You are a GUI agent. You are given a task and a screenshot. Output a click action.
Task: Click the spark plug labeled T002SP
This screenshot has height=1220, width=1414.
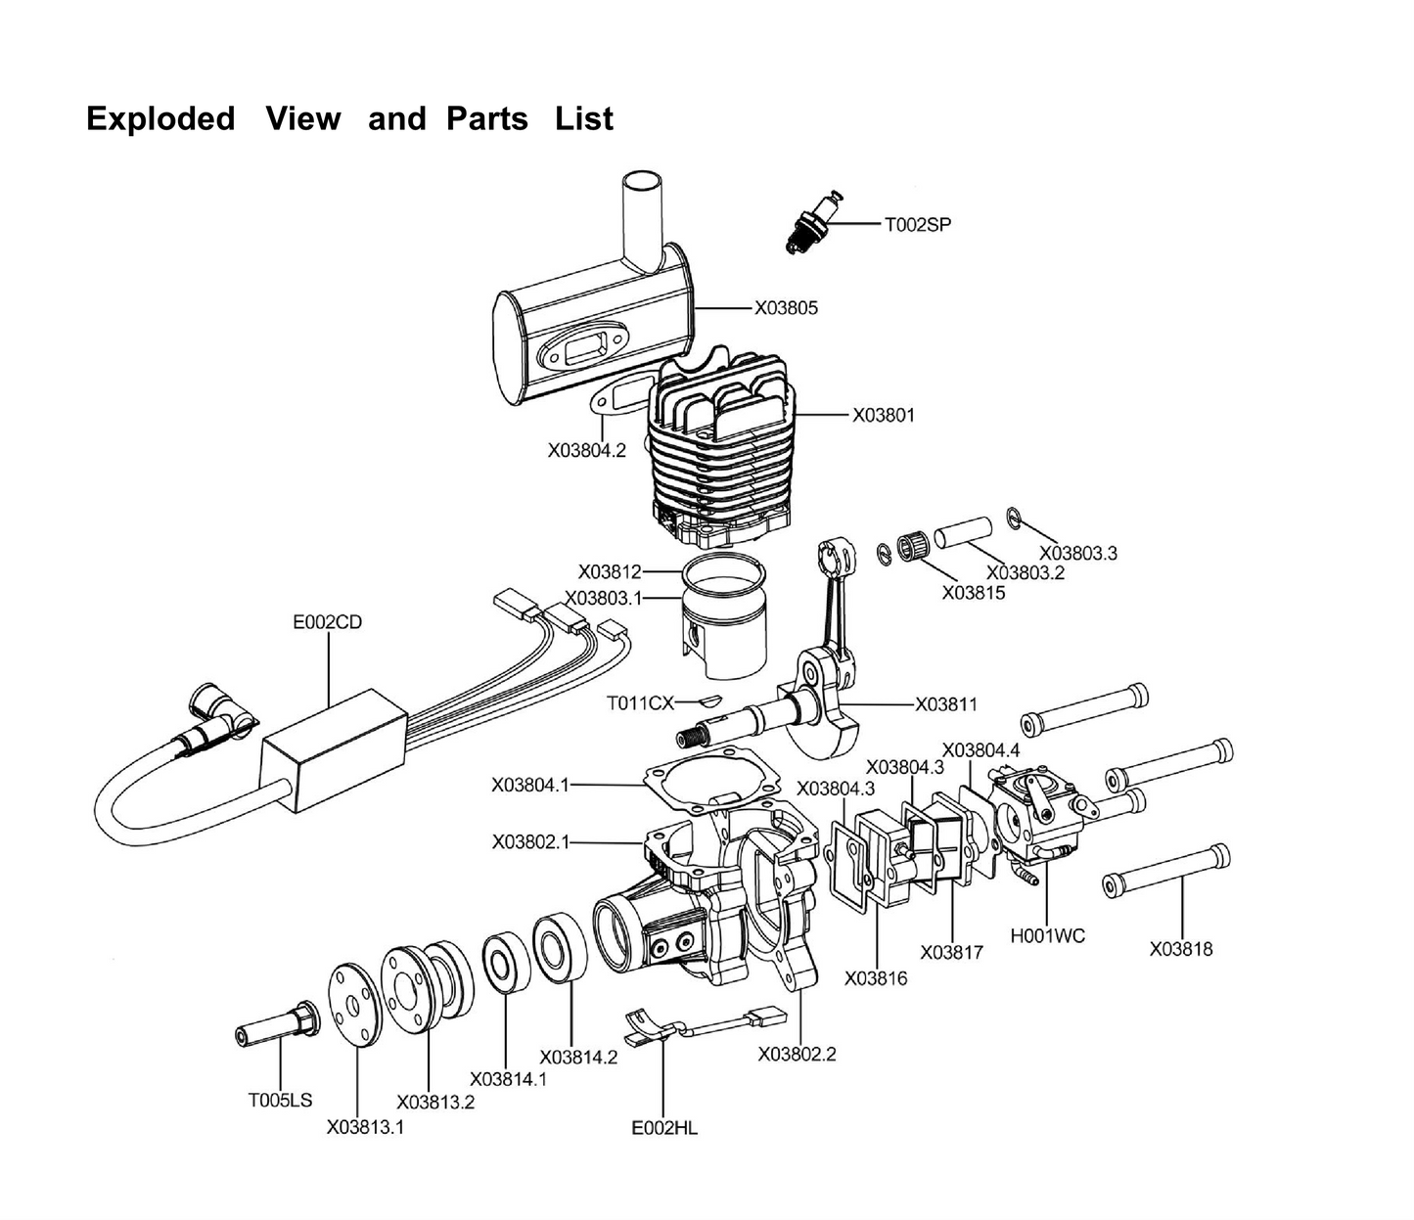[813, 223]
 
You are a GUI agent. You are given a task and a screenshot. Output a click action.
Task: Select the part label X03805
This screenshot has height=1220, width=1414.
[786, 308]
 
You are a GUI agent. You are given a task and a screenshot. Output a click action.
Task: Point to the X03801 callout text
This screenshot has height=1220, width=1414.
[884, 415]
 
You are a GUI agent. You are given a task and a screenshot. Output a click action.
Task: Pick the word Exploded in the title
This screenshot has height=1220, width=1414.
[160, 119]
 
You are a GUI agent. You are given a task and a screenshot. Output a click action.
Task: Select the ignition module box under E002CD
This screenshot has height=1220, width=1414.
[335, 750]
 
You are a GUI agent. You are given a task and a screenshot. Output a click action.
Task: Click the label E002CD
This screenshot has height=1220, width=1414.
[328, 622]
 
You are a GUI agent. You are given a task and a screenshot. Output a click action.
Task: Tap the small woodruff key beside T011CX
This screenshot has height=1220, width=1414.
[707, 700]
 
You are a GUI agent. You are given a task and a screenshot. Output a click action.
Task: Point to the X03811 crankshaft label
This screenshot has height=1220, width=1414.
[947, 704]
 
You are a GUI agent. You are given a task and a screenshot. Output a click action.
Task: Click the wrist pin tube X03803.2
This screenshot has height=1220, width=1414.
[964, 531]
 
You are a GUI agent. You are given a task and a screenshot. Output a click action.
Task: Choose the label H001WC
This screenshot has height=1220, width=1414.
[1047, 935]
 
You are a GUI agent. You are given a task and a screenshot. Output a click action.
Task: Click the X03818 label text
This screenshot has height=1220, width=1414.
[1181, 949]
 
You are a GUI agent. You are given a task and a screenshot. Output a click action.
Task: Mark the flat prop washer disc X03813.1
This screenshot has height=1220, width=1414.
[353, 1006]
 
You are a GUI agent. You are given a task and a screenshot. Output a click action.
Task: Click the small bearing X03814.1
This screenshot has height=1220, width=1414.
[507, 962]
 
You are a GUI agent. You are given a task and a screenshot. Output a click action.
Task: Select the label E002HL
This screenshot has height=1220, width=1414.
[664, 1128]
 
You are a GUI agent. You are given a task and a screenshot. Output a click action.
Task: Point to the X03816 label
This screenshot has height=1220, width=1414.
[876, 978]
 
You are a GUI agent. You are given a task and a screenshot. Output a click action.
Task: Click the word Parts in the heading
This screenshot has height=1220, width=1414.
[487, 119]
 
